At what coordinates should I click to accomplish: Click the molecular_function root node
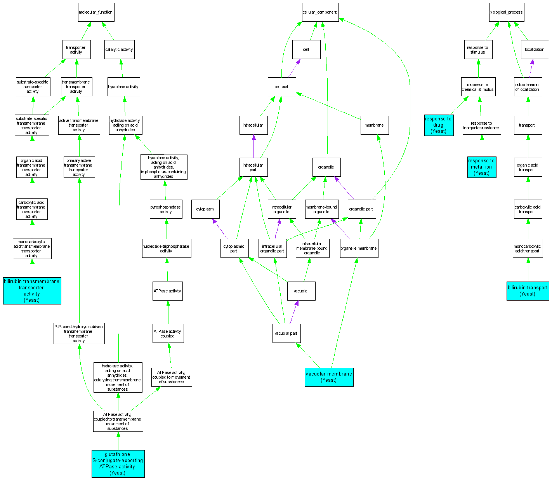pos(96,12)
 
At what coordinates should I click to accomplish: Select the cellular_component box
pos(320,12)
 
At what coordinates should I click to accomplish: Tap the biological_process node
pos(506,12)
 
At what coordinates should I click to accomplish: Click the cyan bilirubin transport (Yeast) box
pos(528,291)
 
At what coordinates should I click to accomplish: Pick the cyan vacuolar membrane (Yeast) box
pos(329,377)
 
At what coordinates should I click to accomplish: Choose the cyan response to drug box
pos(439,125)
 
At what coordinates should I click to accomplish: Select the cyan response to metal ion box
pos(482,167)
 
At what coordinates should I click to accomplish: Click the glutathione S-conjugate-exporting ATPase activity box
pos(118,464)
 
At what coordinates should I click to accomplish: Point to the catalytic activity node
pos(119,50)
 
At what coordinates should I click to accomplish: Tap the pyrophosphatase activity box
pos(166,209)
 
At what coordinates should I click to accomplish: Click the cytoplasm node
pos(205,209)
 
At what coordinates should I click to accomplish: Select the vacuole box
pos(301,291)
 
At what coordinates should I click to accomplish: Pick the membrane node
pos(374,125)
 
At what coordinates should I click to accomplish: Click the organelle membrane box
pos(359,248)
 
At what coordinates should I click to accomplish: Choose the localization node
pos(535,50)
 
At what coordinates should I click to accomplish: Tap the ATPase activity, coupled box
pos(168,334)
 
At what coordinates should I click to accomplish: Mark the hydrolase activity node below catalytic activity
pos(123,87)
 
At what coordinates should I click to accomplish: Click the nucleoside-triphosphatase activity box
pos(166,249)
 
